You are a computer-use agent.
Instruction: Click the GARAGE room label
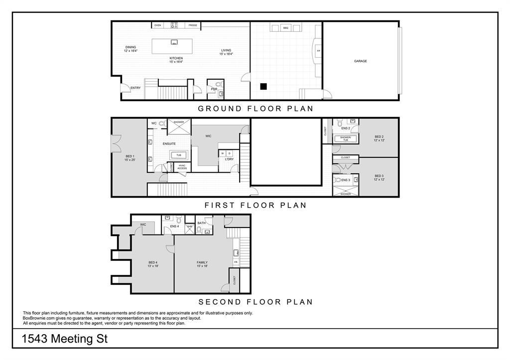[360, 61]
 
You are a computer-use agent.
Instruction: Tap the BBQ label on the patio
[285, 28]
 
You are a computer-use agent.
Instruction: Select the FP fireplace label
[318, 51]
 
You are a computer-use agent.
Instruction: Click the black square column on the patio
[263, 86]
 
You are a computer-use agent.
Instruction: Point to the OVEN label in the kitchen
[157, 25]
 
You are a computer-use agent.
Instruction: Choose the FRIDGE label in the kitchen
[193, 25]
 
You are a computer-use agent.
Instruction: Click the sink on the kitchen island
[174, 42]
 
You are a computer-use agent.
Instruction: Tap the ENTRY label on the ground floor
[135, 88]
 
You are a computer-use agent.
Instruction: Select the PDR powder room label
[214, 89]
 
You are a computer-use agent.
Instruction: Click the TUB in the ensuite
[178, 155]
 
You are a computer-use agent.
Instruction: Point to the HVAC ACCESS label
[182, 167]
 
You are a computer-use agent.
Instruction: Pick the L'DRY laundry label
[229, 159]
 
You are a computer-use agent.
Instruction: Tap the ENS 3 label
[346, 180]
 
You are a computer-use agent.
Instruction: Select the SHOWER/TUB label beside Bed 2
[345, 138]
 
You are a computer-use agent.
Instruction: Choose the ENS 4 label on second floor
[174, 227]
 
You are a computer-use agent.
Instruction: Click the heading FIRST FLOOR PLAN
[255, 205]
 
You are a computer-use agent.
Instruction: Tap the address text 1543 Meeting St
[65, 340]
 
